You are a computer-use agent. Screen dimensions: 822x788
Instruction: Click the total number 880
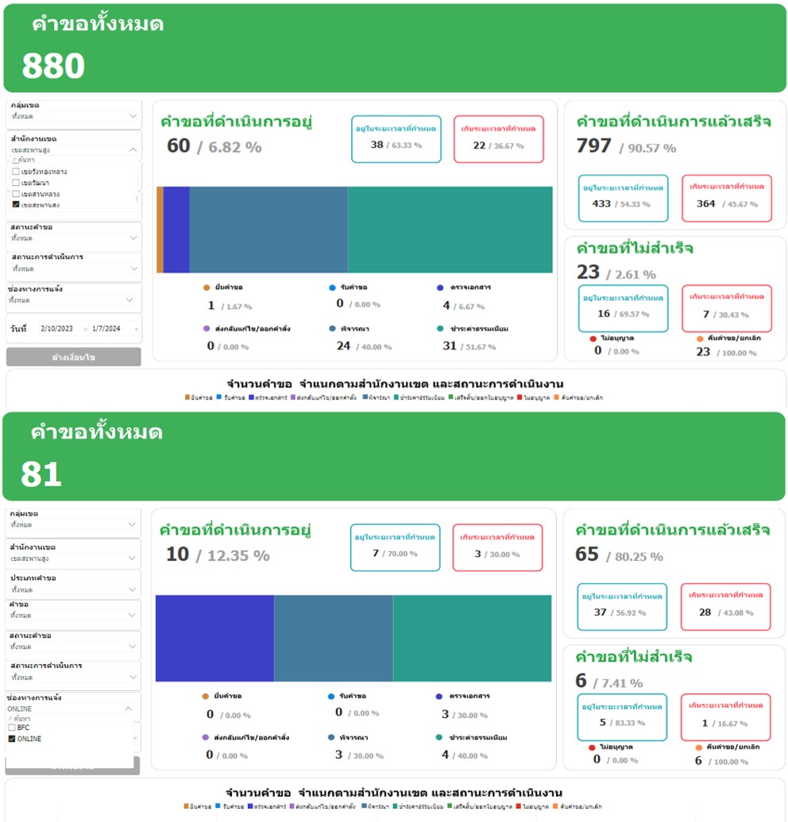(x=53, y=67)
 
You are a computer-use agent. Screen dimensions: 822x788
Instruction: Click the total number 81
(x=41, y=475)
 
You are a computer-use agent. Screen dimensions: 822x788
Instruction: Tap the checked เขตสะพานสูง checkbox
(x=17, y=205)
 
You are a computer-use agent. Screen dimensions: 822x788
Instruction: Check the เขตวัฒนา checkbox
(x=17, y=183)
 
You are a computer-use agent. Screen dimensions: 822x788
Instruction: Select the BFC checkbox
(x=11, y=727)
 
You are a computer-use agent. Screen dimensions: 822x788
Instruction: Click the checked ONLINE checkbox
(x=11, y=739)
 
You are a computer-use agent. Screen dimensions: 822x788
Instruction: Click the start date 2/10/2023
(x=57, y=328)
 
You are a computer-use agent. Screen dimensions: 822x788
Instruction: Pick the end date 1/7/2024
(x=106, y=328)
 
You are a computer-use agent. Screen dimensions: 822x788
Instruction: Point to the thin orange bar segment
(x=160, y=230)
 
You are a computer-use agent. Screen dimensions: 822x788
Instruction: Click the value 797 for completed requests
(x=594, y=146)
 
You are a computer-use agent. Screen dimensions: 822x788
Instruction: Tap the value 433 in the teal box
(x=601, y=203)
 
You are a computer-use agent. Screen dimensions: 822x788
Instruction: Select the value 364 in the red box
(x=705, y=203)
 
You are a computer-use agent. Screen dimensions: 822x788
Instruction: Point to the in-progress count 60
(x=179, y=146)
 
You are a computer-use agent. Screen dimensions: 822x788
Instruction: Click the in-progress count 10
(x=177, y=554)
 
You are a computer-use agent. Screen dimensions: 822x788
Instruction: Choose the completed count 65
(x=587, y=554)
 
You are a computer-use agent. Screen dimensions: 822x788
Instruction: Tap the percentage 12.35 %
(x=238, y=556)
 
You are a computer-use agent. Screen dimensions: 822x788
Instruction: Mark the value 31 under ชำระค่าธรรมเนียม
(x=450, y=345)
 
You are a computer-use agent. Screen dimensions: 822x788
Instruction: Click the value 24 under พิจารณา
(x=343, y=345)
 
